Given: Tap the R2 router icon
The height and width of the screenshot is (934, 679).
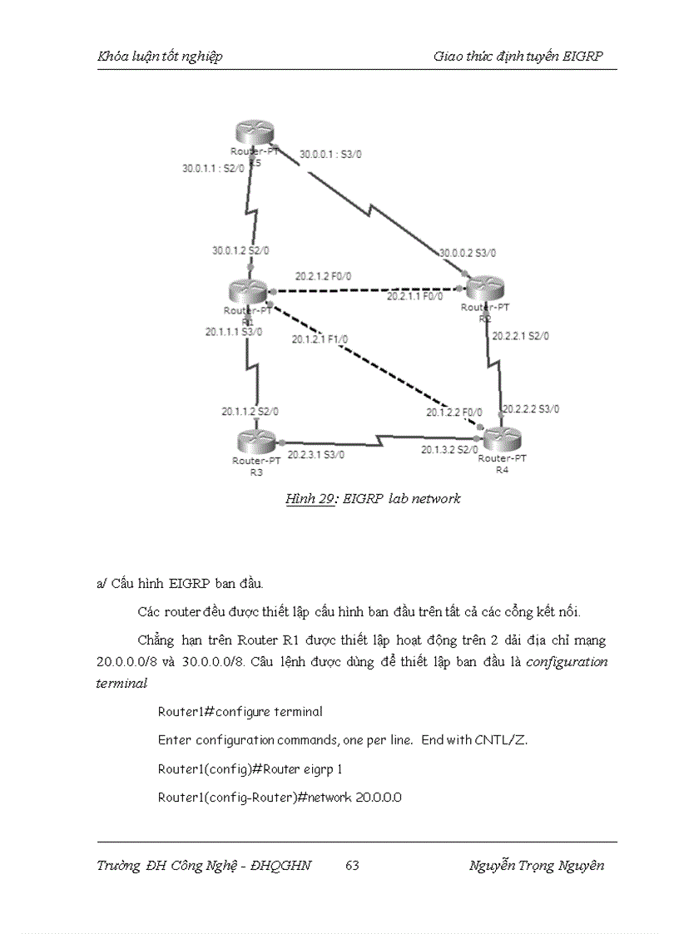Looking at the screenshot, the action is (486, 289).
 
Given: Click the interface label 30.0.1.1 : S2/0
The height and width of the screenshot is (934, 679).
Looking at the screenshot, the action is (214, 168).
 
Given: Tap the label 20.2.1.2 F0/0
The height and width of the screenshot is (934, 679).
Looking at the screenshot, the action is (322, 276).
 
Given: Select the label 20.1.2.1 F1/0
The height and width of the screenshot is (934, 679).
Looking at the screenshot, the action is (320, 339).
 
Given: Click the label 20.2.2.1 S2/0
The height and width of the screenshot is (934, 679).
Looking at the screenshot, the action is (520, 337).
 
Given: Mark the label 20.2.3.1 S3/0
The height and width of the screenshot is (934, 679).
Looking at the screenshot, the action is (316, 455).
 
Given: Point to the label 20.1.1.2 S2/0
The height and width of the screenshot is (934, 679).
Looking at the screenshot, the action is (250, 411).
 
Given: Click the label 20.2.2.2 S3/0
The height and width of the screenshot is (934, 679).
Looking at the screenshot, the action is (531, 408).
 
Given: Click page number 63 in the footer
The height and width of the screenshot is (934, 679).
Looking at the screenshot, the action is (352, 866).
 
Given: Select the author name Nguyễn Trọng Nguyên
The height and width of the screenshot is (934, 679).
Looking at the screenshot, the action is (537, 866).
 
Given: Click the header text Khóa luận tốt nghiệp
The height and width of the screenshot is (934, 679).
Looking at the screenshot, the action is (160, 57).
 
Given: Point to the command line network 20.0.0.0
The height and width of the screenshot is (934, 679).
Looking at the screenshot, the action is (280, 798).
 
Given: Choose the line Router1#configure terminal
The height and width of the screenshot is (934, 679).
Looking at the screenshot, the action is (240, 712).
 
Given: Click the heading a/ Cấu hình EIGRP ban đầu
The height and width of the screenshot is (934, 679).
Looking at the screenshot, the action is (180, 584).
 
